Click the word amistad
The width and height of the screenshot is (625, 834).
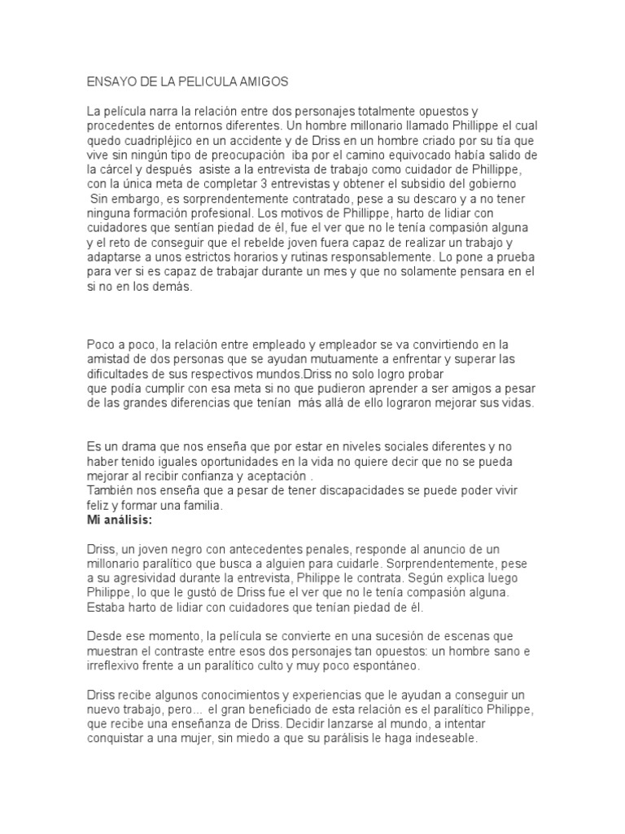click(x=108, y=359)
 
